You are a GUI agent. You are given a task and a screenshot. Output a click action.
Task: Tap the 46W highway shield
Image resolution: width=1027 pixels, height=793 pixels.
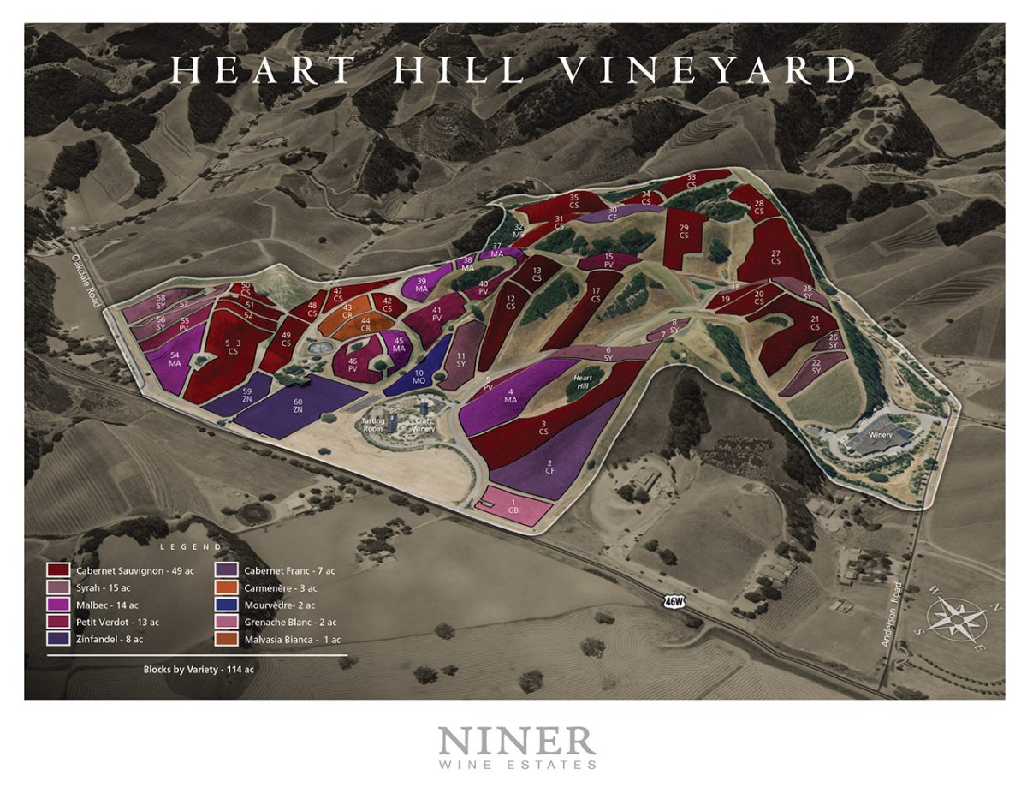(x=674, y=602)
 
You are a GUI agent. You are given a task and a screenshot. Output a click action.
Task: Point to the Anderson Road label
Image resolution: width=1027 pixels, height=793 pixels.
(x=896, y=615)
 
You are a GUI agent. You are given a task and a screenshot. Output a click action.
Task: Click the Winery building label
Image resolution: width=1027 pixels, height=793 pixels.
(x=880, y=434)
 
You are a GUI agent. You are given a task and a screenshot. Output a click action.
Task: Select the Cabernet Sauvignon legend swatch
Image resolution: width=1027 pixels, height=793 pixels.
(x=58, y=570)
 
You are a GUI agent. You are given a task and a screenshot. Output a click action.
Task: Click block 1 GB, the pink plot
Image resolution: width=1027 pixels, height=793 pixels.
(x=513, y=506)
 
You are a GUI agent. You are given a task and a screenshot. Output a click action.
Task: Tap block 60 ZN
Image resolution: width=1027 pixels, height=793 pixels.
(x=298, y=406)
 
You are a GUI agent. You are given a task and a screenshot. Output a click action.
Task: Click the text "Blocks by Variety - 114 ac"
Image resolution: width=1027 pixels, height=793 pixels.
(x=199, y=670)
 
